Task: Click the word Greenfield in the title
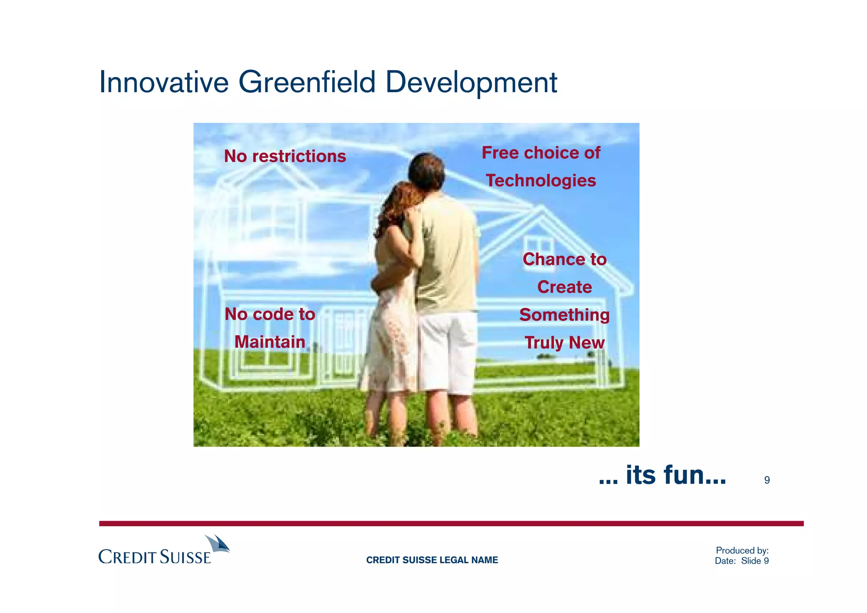[307, 82]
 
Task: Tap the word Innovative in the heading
[164, 82]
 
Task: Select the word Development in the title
[471, 83]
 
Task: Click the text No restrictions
[285, 156]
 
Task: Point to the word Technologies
[541, 181]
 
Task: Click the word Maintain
[270, 342]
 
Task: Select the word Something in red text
[564, 315]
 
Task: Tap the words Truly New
[564, 342]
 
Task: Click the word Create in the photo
[564, 287]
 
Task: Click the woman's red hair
[398, 203]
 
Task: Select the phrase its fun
[663, 475]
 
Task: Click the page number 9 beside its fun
[767, 480]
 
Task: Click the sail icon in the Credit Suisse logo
[217, 544]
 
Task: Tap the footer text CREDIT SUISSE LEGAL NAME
[432, 560]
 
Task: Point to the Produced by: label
[742, 550]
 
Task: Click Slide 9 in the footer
[755, 561]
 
